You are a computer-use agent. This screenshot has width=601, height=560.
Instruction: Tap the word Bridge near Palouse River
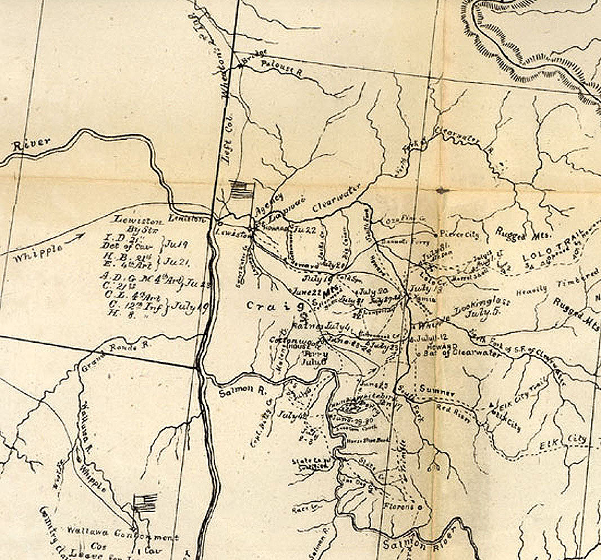click(x=252, y=59)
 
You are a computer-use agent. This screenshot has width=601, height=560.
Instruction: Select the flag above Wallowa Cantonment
click(x=145, y=501)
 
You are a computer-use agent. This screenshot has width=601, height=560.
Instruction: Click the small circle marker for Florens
click(x=420, y=507)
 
